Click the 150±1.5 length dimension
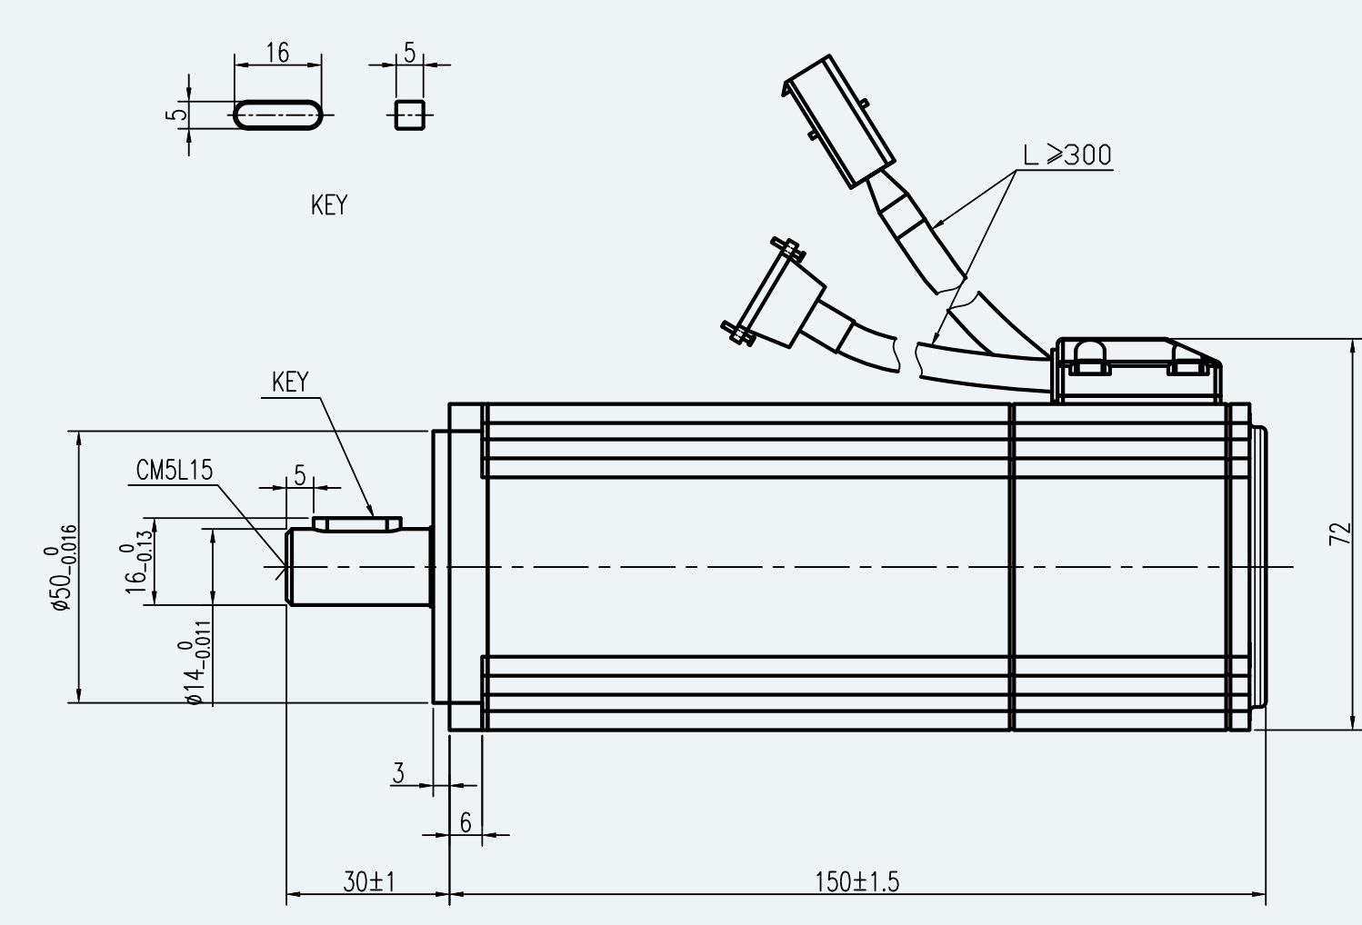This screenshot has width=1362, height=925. (856, 882)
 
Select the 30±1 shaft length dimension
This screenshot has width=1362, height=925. (369, 882)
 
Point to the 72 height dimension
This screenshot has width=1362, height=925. (1340, 533)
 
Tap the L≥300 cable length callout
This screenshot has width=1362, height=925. (1067, 155)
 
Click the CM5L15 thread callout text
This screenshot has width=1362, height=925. (175, 471)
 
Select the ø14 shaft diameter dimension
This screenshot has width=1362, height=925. (196, 662)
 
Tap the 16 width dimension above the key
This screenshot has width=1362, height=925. (277, 53)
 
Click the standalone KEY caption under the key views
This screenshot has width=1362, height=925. (329, 205)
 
